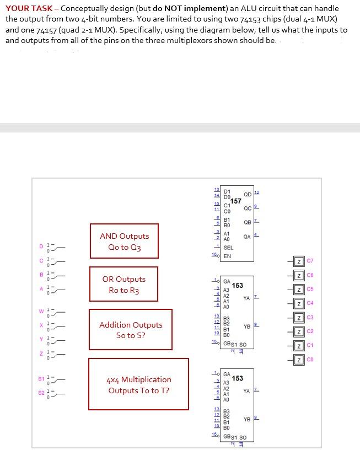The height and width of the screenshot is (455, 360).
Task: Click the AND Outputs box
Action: [124, 242]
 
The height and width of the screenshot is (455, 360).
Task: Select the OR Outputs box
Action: [124, 285]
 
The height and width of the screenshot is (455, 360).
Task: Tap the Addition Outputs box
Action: [131, 330]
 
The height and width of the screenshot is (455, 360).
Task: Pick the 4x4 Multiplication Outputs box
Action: [138, 384]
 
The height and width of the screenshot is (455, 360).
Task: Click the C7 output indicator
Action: [300, 260]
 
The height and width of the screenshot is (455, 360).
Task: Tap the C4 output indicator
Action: [300, 303]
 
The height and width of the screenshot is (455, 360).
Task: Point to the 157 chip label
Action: [235, 201]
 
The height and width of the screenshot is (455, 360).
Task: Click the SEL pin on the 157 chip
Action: [228, 248]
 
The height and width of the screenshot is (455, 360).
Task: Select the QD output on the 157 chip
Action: [247, 194]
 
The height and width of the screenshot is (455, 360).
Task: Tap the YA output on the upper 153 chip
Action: [246, 298]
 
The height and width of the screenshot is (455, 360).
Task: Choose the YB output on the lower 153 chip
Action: [246, 419]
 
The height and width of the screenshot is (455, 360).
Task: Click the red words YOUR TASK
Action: [29, 8]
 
